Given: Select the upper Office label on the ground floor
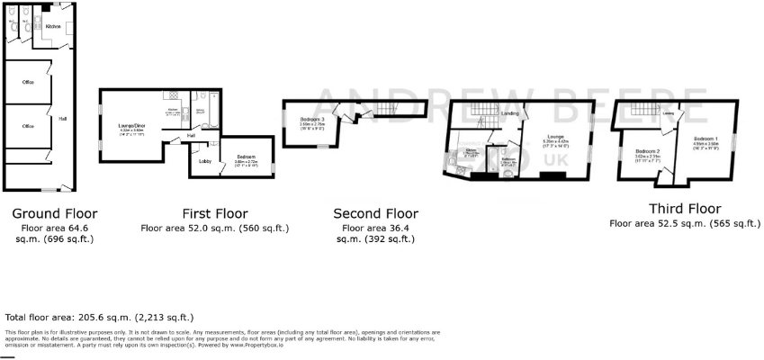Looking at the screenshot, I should (28, 82).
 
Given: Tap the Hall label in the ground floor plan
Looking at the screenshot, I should (62, 118).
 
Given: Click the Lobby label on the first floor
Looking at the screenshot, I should (204, 161).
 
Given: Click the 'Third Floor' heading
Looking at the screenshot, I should (684, 208).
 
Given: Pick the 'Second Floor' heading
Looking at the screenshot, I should (375, 213).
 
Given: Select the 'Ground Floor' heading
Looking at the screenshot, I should (54, 213).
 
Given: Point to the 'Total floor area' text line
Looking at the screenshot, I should (99, 318).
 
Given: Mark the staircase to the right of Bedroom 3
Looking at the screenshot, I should (386, 109).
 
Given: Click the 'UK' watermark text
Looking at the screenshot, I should (551, 158).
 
